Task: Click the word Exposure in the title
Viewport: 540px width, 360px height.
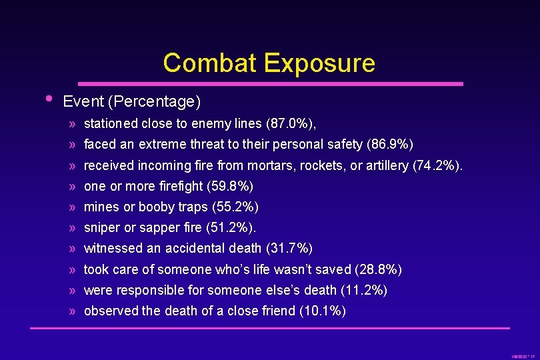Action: coord(319,63)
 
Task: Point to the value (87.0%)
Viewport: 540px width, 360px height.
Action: coord(291,123)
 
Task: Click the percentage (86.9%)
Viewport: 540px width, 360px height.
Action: coord(390,144)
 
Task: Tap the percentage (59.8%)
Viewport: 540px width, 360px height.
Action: coord(229,186)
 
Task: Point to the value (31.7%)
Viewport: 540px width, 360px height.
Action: coord(289,249)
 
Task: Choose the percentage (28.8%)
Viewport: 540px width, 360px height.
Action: coord(378,269)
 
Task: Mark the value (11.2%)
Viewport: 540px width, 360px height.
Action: coord(363,290)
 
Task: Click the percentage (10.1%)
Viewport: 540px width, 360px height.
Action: coord(323,311)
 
